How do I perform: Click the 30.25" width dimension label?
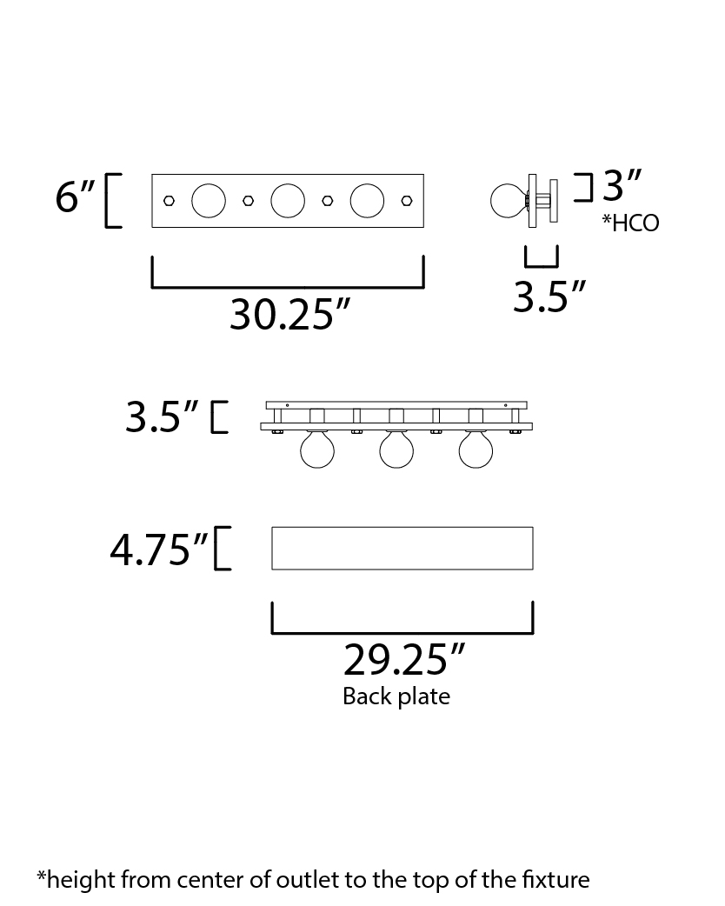(x=290, y=315)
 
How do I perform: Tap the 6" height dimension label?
(x=75, y=197)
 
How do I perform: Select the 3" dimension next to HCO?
(x=622, y=185)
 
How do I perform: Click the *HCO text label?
(x=630, y=223)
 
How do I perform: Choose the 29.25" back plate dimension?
(x=404, y=660)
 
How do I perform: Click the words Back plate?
(x=396, y=696)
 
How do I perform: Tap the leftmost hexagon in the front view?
(x=169, y=201)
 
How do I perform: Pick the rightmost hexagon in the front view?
(x=406, y=201)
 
